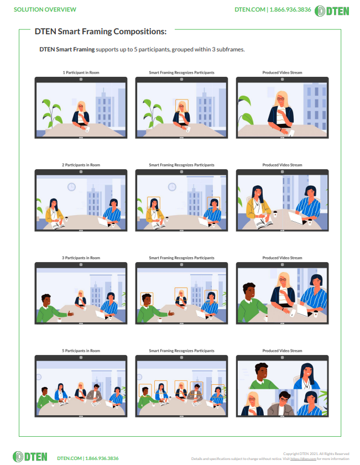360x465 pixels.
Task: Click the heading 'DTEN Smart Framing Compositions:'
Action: [101, 32]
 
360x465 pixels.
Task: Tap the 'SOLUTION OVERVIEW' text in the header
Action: [45, 9]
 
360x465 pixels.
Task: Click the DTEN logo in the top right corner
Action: [336, 10]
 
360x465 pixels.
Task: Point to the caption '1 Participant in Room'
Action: [81, 73]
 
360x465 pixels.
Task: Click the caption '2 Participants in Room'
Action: [81, 165]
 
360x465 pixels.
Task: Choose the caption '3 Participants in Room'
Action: [81, 258]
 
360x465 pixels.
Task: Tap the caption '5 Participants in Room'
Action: [81, 351]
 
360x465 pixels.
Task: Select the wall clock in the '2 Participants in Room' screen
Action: [71, 187]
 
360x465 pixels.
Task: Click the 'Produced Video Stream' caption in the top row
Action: [282, 73]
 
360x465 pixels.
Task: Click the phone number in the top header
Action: [290, 9]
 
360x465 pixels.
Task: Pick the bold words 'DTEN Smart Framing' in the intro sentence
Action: [67, 49]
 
